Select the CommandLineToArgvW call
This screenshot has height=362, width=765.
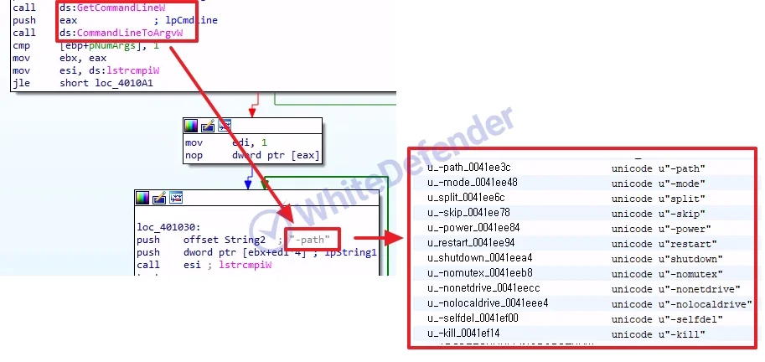pyautogui.click(x=128, y=33)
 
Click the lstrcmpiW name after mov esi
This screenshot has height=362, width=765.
pyautogui.click(x=126, y=71)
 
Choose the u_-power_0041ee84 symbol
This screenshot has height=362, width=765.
pyautogui.click(x=473, y=228)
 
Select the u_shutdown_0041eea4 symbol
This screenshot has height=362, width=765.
pyautogui.click(x=479, y=258)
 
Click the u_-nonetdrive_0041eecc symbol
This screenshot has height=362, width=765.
pyautogui.click(x=486, y=288)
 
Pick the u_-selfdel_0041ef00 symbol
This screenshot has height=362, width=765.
pyautogui.click(x=473, y=318)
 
